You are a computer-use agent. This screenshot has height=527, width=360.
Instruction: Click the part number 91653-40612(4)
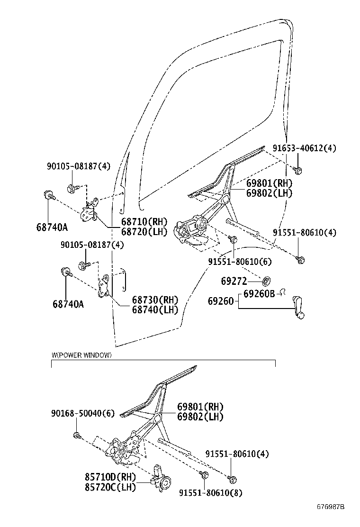tap(304, 148)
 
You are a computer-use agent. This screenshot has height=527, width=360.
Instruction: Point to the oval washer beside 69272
tap(266, 280)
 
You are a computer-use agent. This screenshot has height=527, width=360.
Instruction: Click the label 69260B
tap(259, 294)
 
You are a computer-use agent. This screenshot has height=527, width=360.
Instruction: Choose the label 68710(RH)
tap(144, 222)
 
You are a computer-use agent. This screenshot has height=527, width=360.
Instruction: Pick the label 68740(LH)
tap(154, 310)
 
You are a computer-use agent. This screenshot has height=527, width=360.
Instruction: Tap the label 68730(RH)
tap(154, 300)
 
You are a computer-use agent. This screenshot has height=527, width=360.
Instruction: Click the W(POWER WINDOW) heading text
tap(81, 355)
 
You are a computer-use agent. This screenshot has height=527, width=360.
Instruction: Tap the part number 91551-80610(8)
tap(210, 493)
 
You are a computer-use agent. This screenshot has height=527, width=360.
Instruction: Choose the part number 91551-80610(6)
tap(240, 262)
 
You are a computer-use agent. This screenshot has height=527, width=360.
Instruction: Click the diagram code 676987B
tap(331, 507)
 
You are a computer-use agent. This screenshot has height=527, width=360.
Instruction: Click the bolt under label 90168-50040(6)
tap(77, 435)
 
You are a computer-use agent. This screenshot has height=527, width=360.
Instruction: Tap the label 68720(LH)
tap(144, 231)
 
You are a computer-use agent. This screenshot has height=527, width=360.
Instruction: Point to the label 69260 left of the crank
tap(221, 300)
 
